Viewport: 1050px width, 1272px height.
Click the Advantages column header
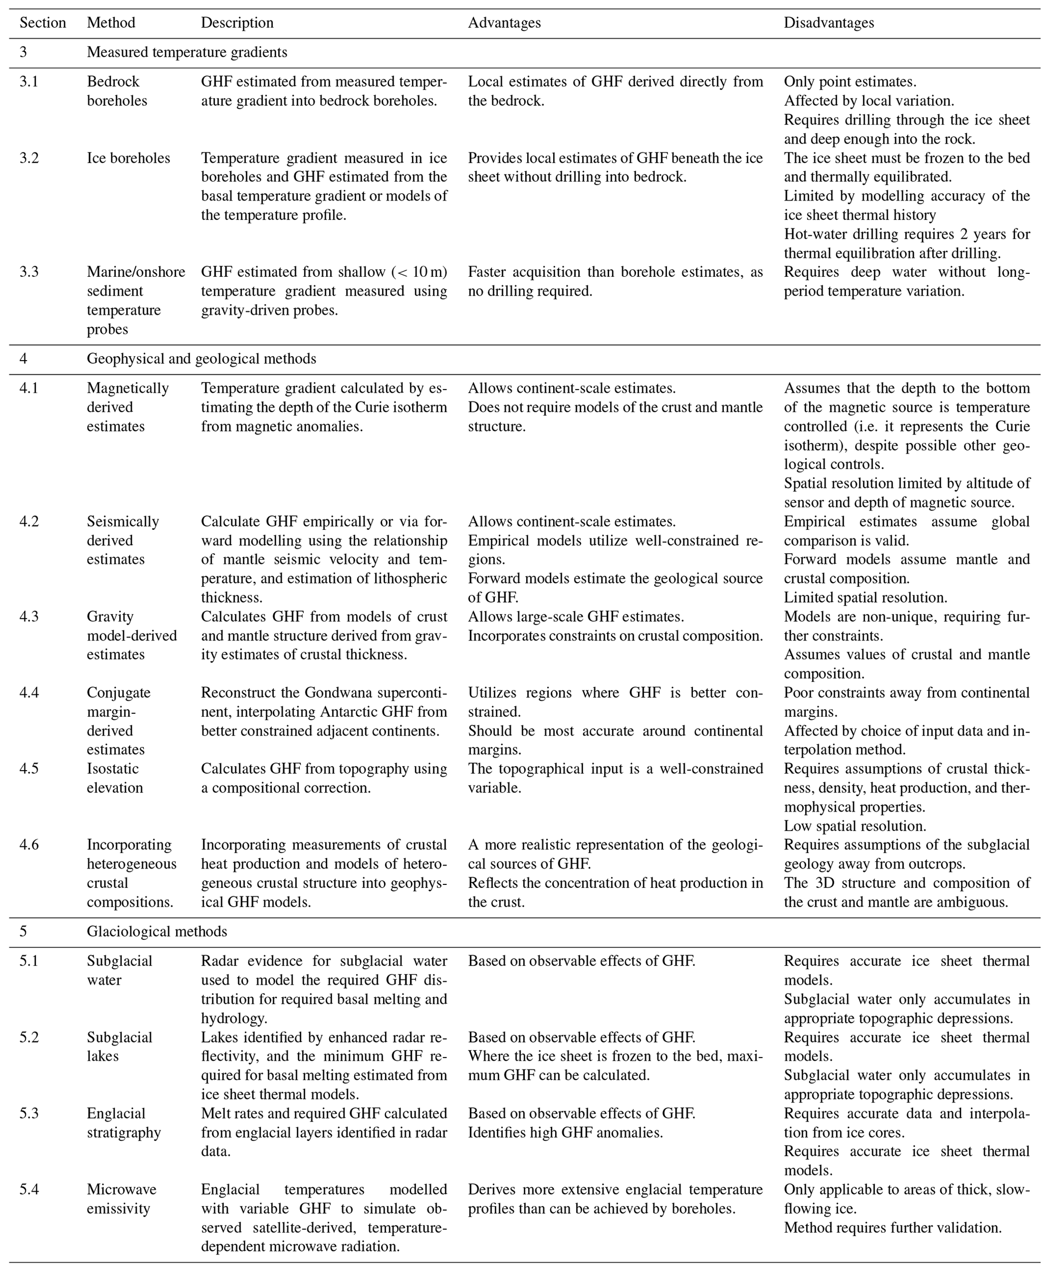point(504,23)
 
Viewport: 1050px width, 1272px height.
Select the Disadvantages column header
point(829,23)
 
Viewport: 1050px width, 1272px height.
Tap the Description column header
point(237,23)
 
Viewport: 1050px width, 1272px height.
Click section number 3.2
point(28,158)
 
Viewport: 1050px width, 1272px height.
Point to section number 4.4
point(28,692)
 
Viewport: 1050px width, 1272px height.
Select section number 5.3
point(28,1114)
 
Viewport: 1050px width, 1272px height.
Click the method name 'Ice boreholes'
point(128,158)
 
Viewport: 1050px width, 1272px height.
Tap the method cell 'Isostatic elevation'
point(115,778)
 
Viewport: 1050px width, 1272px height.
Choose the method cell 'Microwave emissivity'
point(121,1199)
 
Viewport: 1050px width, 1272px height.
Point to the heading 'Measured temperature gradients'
point(187,52)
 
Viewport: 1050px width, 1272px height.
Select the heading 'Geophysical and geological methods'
point(201,359)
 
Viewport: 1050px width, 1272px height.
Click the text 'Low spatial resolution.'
point(854,825)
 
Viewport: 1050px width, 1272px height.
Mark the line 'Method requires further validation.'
point(893,1228)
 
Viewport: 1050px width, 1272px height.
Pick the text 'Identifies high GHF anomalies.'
point(565,1132)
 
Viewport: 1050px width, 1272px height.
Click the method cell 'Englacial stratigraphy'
point(123,1123)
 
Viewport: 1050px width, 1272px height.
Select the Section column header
point(42,23)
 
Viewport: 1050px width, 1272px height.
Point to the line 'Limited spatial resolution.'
point(866,597)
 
